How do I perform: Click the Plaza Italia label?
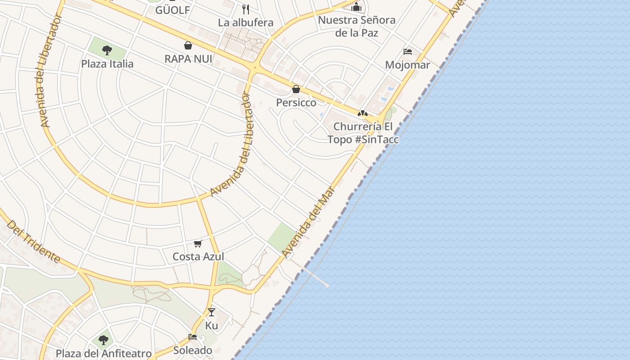click(x=107, y=63)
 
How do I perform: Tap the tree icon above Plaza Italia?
click(x=107, y=49)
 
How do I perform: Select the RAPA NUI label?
click(x=188, y=58)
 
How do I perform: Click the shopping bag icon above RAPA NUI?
click(x=188, y=45)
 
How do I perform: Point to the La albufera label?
click(x=246, y=22)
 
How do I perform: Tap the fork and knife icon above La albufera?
click(x=246, y=9)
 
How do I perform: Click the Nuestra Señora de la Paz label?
click(x=357, y=26)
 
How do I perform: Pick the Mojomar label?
click(x=408, y=65)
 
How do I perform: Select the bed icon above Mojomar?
click(x=408, y=52)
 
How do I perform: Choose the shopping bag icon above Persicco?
click(x=296, y=89)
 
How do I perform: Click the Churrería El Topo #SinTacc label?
click(x=363, y=133)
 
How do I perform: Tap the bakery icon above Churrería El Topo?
click(x=363, y=113)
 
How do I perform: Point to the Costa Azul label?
click(x=198, y=256)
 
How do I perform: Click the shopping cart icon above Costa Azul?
click(x=198, y=243)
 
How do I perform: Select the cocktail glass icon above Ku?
click(x=211, y=312)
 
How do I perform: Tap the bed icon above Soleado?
click(x=193, y=337)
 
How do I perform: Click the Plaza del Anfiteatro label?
click(x=103, y=353)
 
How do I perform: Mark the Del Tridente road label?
click(x=34, y=242)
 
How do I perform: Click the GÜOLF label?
click(x=173, y=10)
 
